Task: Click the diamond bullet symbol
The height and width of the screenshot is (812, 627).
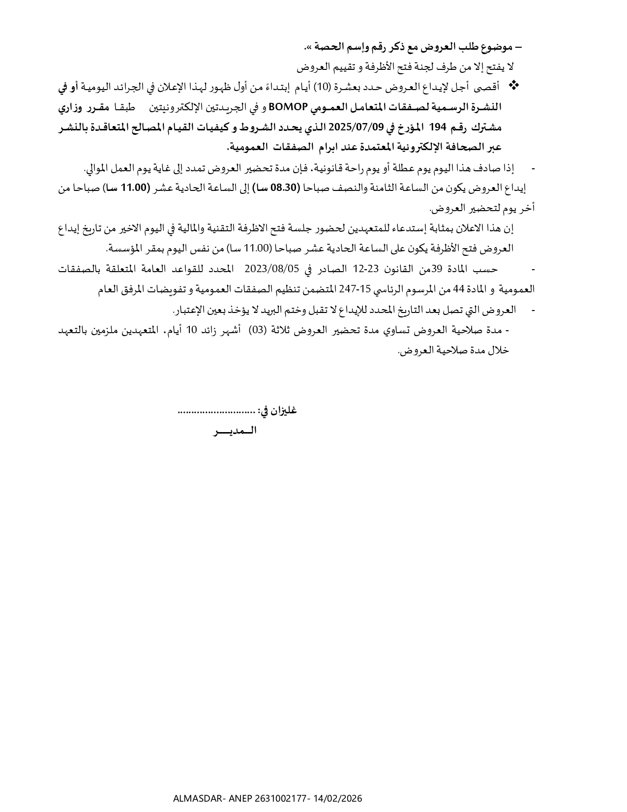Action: click(x=513, y=86)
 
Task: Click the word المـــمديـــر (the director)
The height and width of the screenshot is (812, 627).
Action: click(x=235, y=431)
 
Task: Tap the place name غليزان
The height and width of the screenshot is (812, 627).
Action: click(x=284, y=411)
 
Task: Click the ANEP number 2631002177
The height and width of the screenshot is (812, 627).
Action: click(x=279, y=798)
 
